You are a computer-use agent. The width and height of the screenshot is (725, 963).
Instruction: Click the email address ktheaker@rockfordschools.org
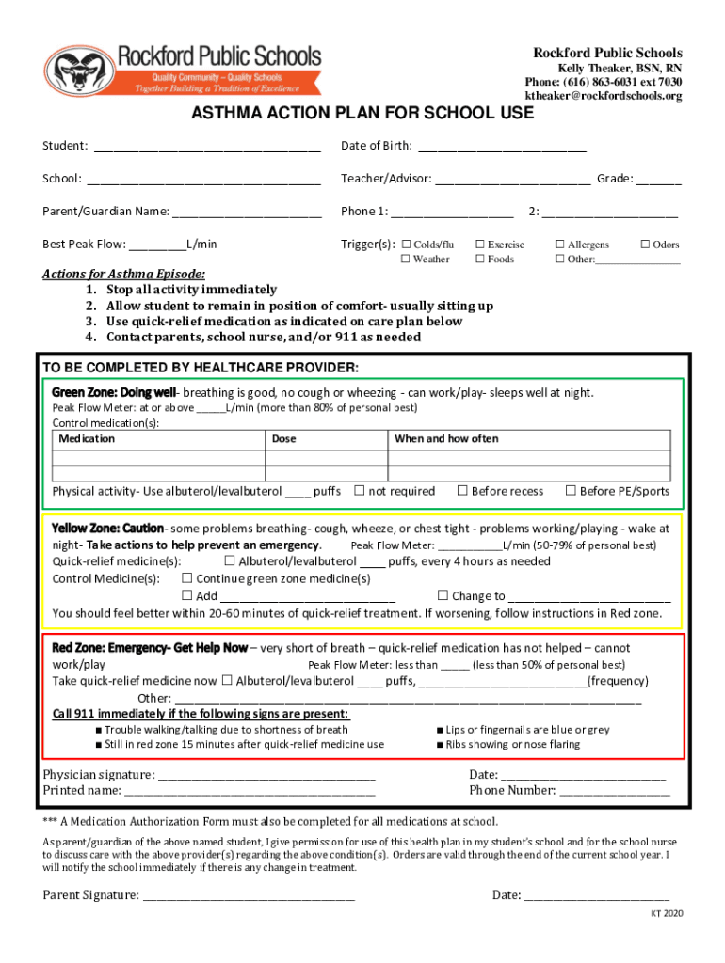pos(603,96)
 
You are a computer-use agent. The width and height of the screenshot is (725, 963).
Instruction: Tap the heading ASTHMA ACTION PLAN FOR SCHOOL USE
pos(362,114)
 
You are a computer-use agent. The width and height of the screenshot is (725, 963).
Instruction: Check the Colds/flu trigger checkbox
pos(406,245)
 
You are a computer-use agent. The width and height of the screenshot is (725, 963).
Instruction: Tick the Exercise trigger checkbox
pos(480,245)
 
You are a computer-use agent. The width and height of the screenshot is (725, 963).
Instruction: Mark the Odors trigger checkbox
pos(645,245)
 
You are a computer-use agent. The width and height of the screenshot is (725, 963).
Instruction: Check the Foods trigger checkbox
pos(480,260)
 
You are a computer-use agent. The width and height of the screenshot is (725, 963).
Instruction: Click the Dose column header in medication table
pos(283,439)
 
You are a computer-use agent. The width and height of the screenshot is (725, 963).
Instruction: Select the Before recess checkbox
pos(462,490)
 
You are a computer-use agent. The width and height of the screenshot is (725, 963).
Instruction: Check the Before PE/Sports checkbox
pos(571,490)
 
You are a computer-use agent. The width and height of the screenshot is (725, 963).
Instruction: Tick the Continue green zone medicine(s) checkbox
pos(186,578)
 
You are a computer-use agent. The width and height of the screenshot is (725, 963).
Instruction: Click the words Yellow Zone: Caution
pos(107,529)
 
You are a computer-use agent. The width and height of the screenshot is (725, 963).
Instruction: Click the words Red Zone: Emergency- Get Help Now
pos(150,648)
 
